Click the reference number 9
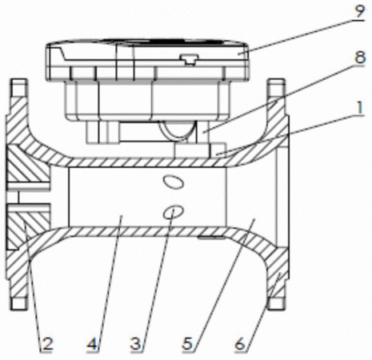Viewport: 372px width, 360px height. (359, 10)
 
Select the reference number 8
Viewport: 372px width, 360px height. (360, 57)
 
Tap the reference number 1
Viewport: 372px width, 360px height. (360, 108)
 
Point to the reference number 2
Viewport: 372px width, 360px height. (47, 343)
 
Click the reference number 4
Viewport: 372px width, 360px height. (92, 343)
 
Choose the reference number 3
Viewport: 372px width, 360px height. (136, 343)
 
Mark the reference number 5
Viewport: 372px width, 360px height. (187, 343)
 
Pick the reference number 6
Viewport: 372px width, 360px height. (240, 343)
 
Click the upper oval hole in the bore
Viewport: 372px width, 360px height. (174, 182)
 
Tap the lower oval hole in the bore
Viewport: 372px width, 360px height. (174, 212)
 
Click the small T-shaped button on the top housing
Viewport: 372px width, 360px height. (190, 59)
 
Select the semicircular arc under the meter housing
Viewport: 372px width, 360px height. (178, 131)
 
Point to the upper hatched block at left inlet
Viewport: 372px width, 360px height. (29, 164)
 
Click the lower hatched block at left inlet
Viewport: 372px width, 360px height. (29, 226)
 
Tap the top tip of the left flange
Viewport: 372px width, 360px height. (18, 80)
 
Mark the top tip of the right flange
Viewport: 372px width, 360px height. (276, 80)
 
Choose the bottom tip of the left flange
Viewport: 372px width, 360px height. (18, 309)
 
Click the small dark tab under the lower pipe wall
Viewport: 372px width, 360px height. (210, 237)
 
